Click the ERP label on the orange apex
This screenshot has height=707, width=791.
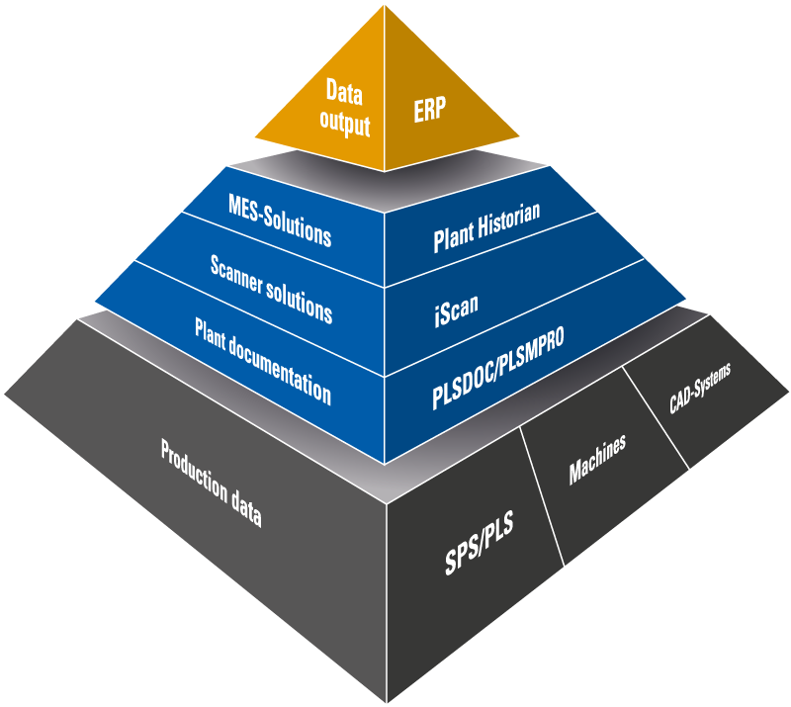(430, 110)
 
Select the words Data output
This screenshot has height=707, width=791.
(347, 109)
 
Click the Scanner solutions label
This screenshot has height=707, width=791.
(271, 288)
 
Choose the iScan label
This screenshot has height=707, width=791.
(456, 303)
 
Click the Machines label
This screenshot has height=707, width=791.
(597, 459)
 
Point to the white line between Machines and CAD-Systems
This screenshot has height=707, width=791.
(655, 418)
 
